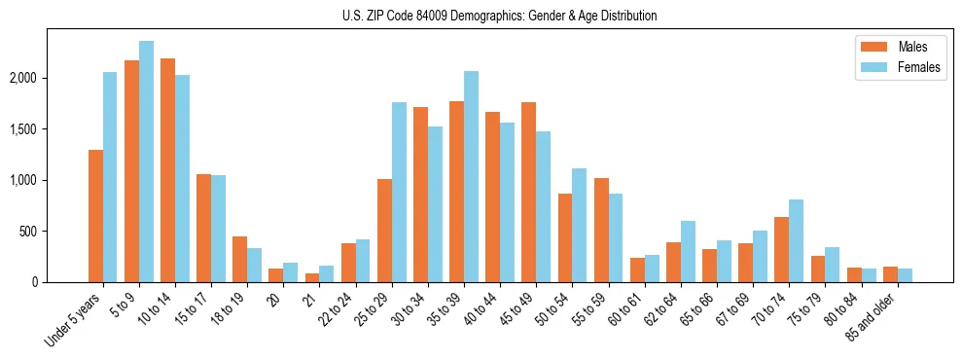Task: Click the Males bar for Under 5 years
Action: point(95,216)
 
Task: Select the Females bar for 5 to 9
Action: point(146,162)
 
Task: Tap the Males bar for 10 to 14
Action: point(167,170)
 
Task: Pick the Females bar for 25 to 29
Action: point(399,192)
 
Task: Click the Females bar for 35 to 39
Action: point(471,176)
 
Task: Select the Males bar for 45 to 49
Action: point(528,192)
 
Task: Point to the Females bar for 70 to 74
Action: point(796,240)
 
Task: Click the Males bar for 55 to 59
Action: point(600,230)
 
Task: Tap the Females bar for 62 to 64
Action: point(688,251)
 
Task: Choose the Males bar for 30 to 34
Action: point(420,195)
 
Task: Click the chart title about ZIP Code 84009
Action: point(499,16)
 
